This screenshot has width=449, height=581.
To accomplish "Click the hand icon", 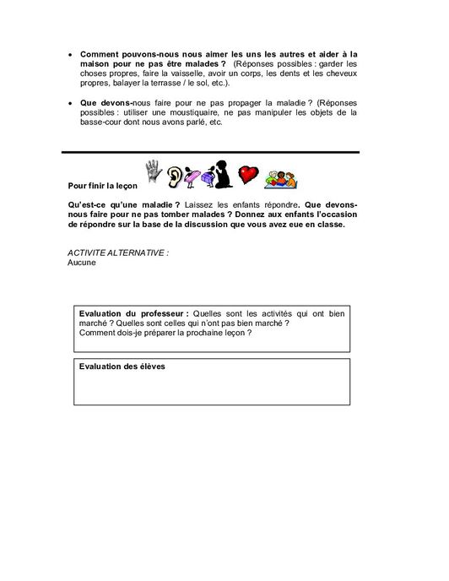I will (x=153, y=171).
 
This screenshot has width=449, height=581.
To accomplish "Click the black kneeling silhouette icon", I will (x=223, y=174).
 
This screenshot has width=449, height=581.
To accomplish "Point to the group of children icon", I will (x=281, y=176).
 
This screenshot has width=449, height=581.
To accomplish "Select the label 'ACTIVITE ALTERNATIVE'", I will (x=116, y=253).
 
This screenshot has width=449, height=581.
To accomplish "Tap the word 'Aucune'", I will (x=82, y=263).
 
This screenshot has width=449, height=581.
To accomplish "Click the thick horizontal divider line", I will (x=211, y=152).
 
